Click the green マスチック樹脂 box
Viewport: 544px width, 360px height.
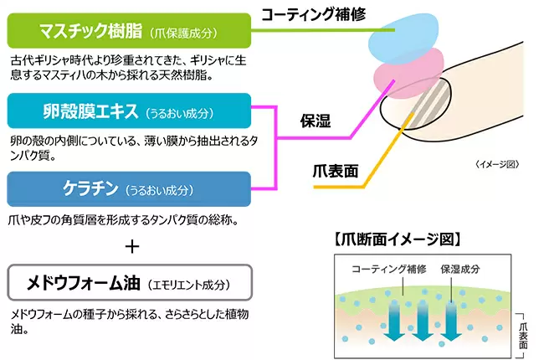(x=129, y=30)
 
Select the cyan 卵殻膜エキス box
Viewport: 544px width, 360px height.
(x=129, y=111)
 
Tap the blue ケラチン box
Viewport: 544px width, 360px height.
(x=129, y=189)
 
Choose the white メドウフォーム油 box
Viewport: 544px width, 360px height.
(x=130, y=283)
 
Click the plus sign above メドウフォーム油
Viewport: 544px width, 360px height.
(x=132, y=247)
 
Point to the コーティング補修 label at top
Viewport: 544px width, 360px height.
(x=314, y=14)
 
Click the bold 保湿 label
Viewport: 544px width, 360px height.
(x=316, y=121)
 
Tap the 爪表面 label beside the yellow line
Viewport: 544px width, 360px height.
(x=335, y=171)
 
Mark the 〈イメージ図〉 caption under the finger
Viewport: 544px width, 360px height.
(x=497, y=164)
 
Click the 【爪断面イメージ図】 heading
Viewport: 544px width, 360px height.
(x=398, y=239)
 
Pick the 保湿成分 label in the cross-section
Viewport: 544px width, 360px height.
(x=460, y=269)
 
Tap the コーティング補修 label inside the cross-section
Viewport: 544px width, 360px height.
(x=389, y=269)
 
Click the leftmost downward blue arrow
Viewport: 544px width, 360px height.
(x=394, y=321)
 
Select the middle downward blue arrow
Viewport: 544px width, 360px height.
(x=422, y=321)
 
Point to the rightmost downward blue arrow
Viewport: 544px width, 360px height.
(x=450, y=321)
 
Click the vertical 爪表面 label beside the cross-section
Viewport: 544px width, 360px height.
(x=523, y=336)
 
